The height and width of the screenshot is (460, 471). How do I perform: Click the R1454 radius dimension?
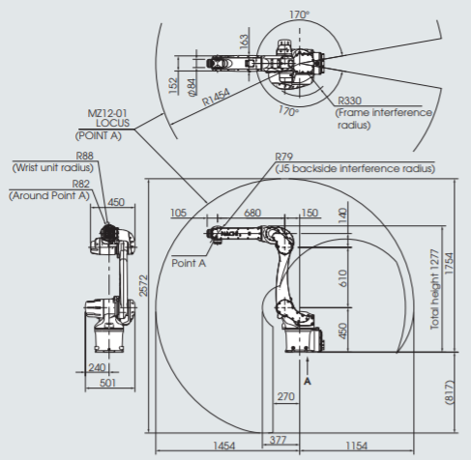[216, 97]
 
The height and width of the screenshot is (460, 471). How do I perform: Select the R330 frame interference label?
[349, 101]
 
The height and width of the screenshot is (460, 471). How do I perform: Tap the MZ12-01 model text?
[107, 113]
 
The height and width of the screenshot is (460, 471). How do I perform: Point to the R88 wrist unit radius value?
[85, 156]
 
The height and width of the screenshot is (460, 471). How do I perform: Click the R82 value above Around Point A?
[80, 184]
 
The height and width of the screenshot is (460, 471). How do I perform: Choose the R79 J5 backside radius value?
[283, 157]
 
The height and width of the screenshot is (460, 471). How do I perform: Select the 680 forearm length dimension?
[252, 213]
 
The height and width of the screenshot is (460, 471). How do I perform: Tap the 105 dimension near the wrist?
[178, 213]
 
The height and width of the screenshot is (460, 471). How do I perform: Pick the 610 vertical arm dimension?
[342, 278]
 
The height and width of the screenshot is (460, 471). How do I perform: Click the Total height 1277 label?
[435, 289]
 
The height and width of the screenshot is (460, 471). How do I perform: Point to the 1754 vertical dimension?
[449, 264]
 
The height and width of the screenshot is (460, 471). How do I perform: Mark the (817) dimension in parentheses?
[449, 392]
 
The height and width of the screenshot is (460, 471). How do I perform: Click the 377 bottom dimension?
[278, 440]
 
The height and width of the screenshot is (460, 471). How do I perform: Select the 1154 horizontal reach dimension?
[357, 446]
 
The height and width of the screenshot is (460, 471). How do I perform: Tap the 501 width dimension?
[107, 383]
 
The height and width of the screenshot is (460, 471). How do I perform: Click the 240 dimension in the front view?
[97, 367]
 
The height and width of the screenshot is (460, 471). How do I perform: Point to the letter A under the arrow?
[308, 382]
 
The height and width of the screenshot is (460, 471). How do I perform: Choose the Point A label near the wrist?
[189, 263]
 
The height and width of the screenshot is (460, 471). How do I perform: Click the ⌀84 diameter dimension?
[191, 87]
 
